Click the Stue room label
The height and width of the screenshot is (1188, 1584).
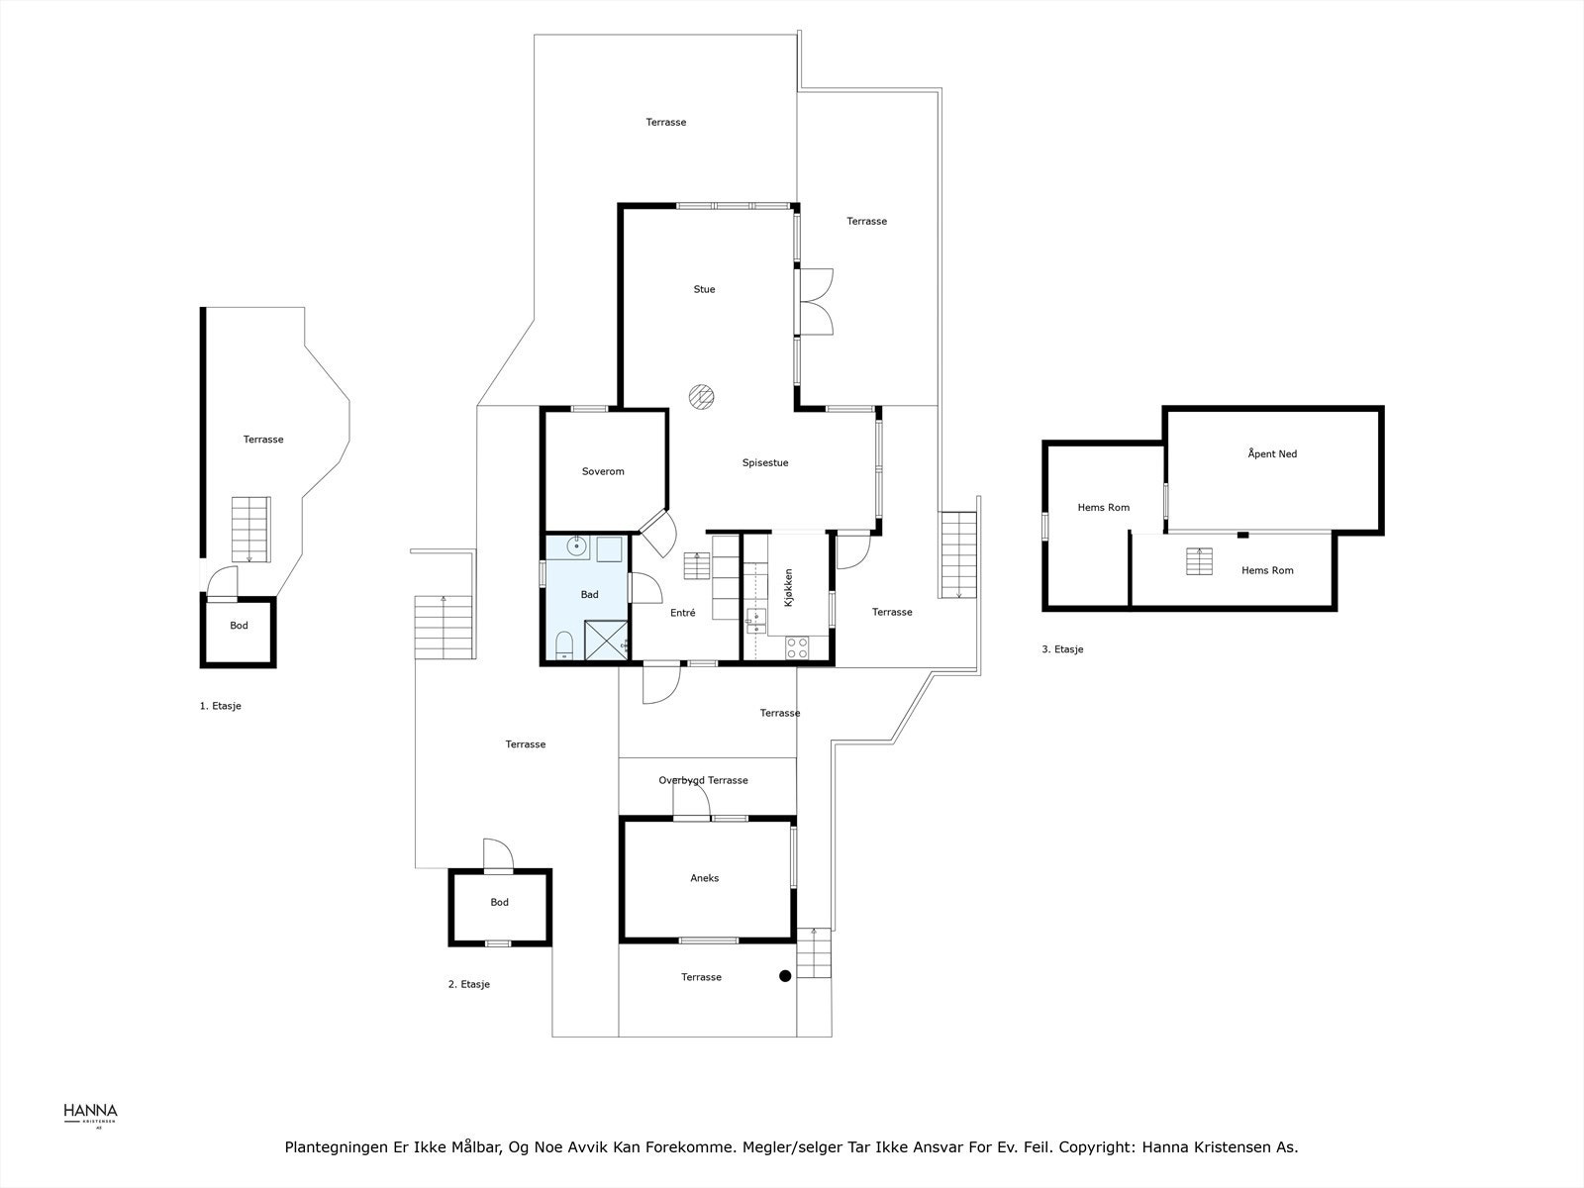point(704,289)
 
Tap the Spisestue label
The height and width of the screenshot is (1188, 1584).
point(765,463)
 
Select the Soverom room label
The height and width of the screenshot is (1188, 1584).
point(603,472)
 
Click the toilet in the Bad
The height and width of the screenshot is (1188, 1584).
point(564,644)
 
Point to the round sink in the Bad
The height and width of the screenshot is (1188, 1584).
point(576,546)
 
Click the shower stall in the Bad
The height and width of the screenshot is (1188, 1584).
point(606,640)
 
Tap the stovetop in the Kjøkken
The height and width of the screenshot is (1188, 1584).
point(797,647)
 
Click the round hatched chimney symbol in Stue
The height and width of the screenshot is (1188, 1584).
point(702,397)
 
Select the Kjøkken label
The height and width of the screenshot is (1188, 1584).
point(788,588)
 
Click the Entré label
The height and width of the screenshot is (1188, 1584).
point(683,613)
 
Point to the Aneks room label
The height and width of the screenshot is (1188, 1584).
point(704,878)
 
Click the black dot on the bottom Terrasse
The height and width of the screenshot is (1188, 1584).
point(785,976)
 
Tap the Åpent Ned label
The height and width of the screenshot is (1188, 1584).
point(1272,453)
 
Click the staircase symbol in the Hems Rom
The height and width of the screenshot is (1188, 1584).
point(1199,561)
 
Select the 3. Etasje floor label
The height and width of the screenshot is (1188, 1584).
point(1062,649)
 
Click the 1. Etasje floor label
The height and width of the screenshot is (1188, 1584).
point(220,706)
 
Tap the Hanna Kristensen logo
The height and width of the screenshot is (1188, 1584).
point(90,1116)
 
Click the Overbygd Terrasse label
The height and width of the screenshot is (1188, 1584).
point(703,780)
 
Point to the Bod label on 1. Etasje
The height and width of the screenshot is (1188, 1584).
point(239,626)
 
